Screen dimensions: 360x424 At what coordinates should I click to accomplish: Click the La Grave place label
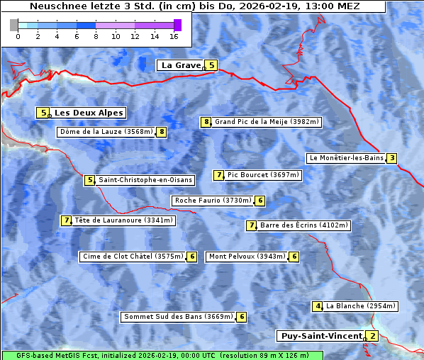coord(181,65)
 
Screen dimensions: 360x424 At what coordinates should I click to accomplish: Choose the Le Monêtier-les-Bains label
coord(345,158)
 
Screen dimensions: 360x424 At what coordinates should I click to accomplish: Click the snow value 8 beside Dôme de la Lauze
coord(162,132)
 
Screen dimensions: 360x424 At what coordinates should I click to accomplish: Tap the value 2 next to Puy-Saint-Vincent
coord(373,336)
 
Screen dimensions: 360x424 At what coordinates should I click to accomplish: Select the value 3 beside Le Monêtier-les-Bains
coord(391,158)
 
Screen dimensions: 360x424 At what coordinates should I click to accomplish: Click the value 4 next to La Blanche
coord(318,306)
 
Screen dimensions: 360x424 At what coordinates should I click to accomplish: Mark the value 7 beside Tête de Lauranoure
coord(66,220)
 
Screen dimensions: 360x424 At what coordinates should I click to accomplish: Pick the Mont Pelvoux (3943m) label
coord(247,257)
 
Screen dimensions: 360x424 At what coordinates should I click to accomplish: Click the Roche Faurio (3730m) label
coord(213,201)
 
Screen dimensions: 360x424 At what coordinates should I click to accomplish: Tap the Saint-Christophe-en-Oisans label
coord(145,180)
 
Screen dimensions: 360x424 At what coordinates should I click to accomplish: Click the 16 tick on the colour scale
coord(174,36)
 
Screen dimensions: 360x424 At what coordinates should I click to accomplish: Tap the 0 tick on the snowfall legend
coord(18,36)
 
